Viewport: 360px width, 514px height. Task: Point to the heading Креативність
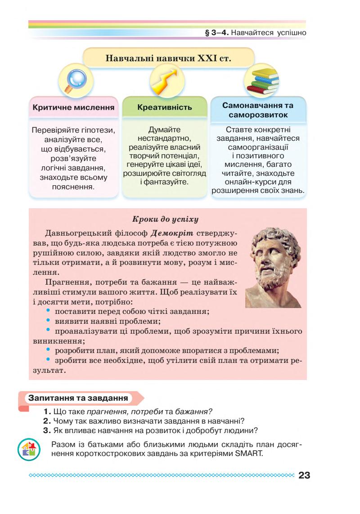[164, 107]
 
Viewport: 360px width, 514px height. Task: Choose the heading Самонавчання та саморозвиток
[258, 110]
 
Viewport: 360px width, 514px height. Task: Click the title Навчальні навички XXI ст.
[168, 58]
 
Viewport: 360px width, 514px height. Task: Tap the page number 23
[304, 475]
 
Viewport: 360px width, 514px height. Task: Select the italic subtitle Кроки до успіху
[166, 220]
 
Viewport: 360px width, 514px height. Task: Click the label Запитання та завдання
[77, 398]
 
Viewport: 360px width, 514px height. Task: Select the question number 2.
[46, 421]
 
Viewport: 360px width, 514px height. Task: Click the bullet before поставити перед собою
[49, 310]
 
